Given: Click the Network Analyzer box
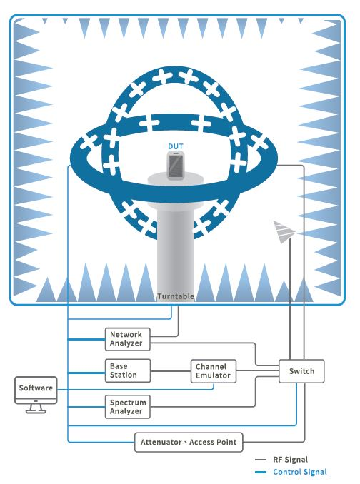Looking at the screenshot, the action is point(128,339).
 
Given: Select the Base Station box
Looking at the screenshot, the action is point(128,370).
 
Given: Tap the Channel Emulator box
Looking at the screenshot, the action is point(214,371).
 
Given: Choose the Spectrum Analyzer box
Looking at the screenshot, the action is point(128,407).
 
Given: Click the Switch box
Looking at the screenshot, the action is point(301,371).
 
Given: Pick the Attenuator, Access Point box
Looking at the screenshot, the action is point(189,443).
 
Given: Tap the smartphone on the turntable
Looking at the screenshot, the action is point(176,164).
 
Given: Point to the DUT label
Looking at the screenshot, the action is point(176,146).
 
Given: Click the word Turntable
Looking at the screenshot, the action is point(176,296).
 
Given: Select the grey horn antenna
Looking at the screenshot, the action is point(284,232).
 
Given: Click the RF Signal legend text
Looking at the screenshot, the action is point(290,460).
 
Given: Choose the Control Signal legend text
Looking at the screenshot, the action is point(300,472).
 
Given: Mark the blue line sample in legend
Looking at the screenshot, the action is point(261,473).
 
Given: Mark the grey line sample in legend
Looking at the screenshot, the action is point(261,460).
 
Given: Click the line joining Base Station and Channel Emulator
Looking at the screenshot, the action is point(171,371).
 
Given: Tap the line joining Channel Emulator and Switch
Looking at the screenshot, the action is point(257,370).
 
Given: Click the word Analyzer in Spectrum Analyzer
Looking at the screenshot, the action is point(126,411).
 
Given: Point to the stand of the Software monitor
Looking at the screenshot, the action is point(36,408).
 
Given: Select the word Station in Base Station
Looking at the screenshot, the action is point(123,375).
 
